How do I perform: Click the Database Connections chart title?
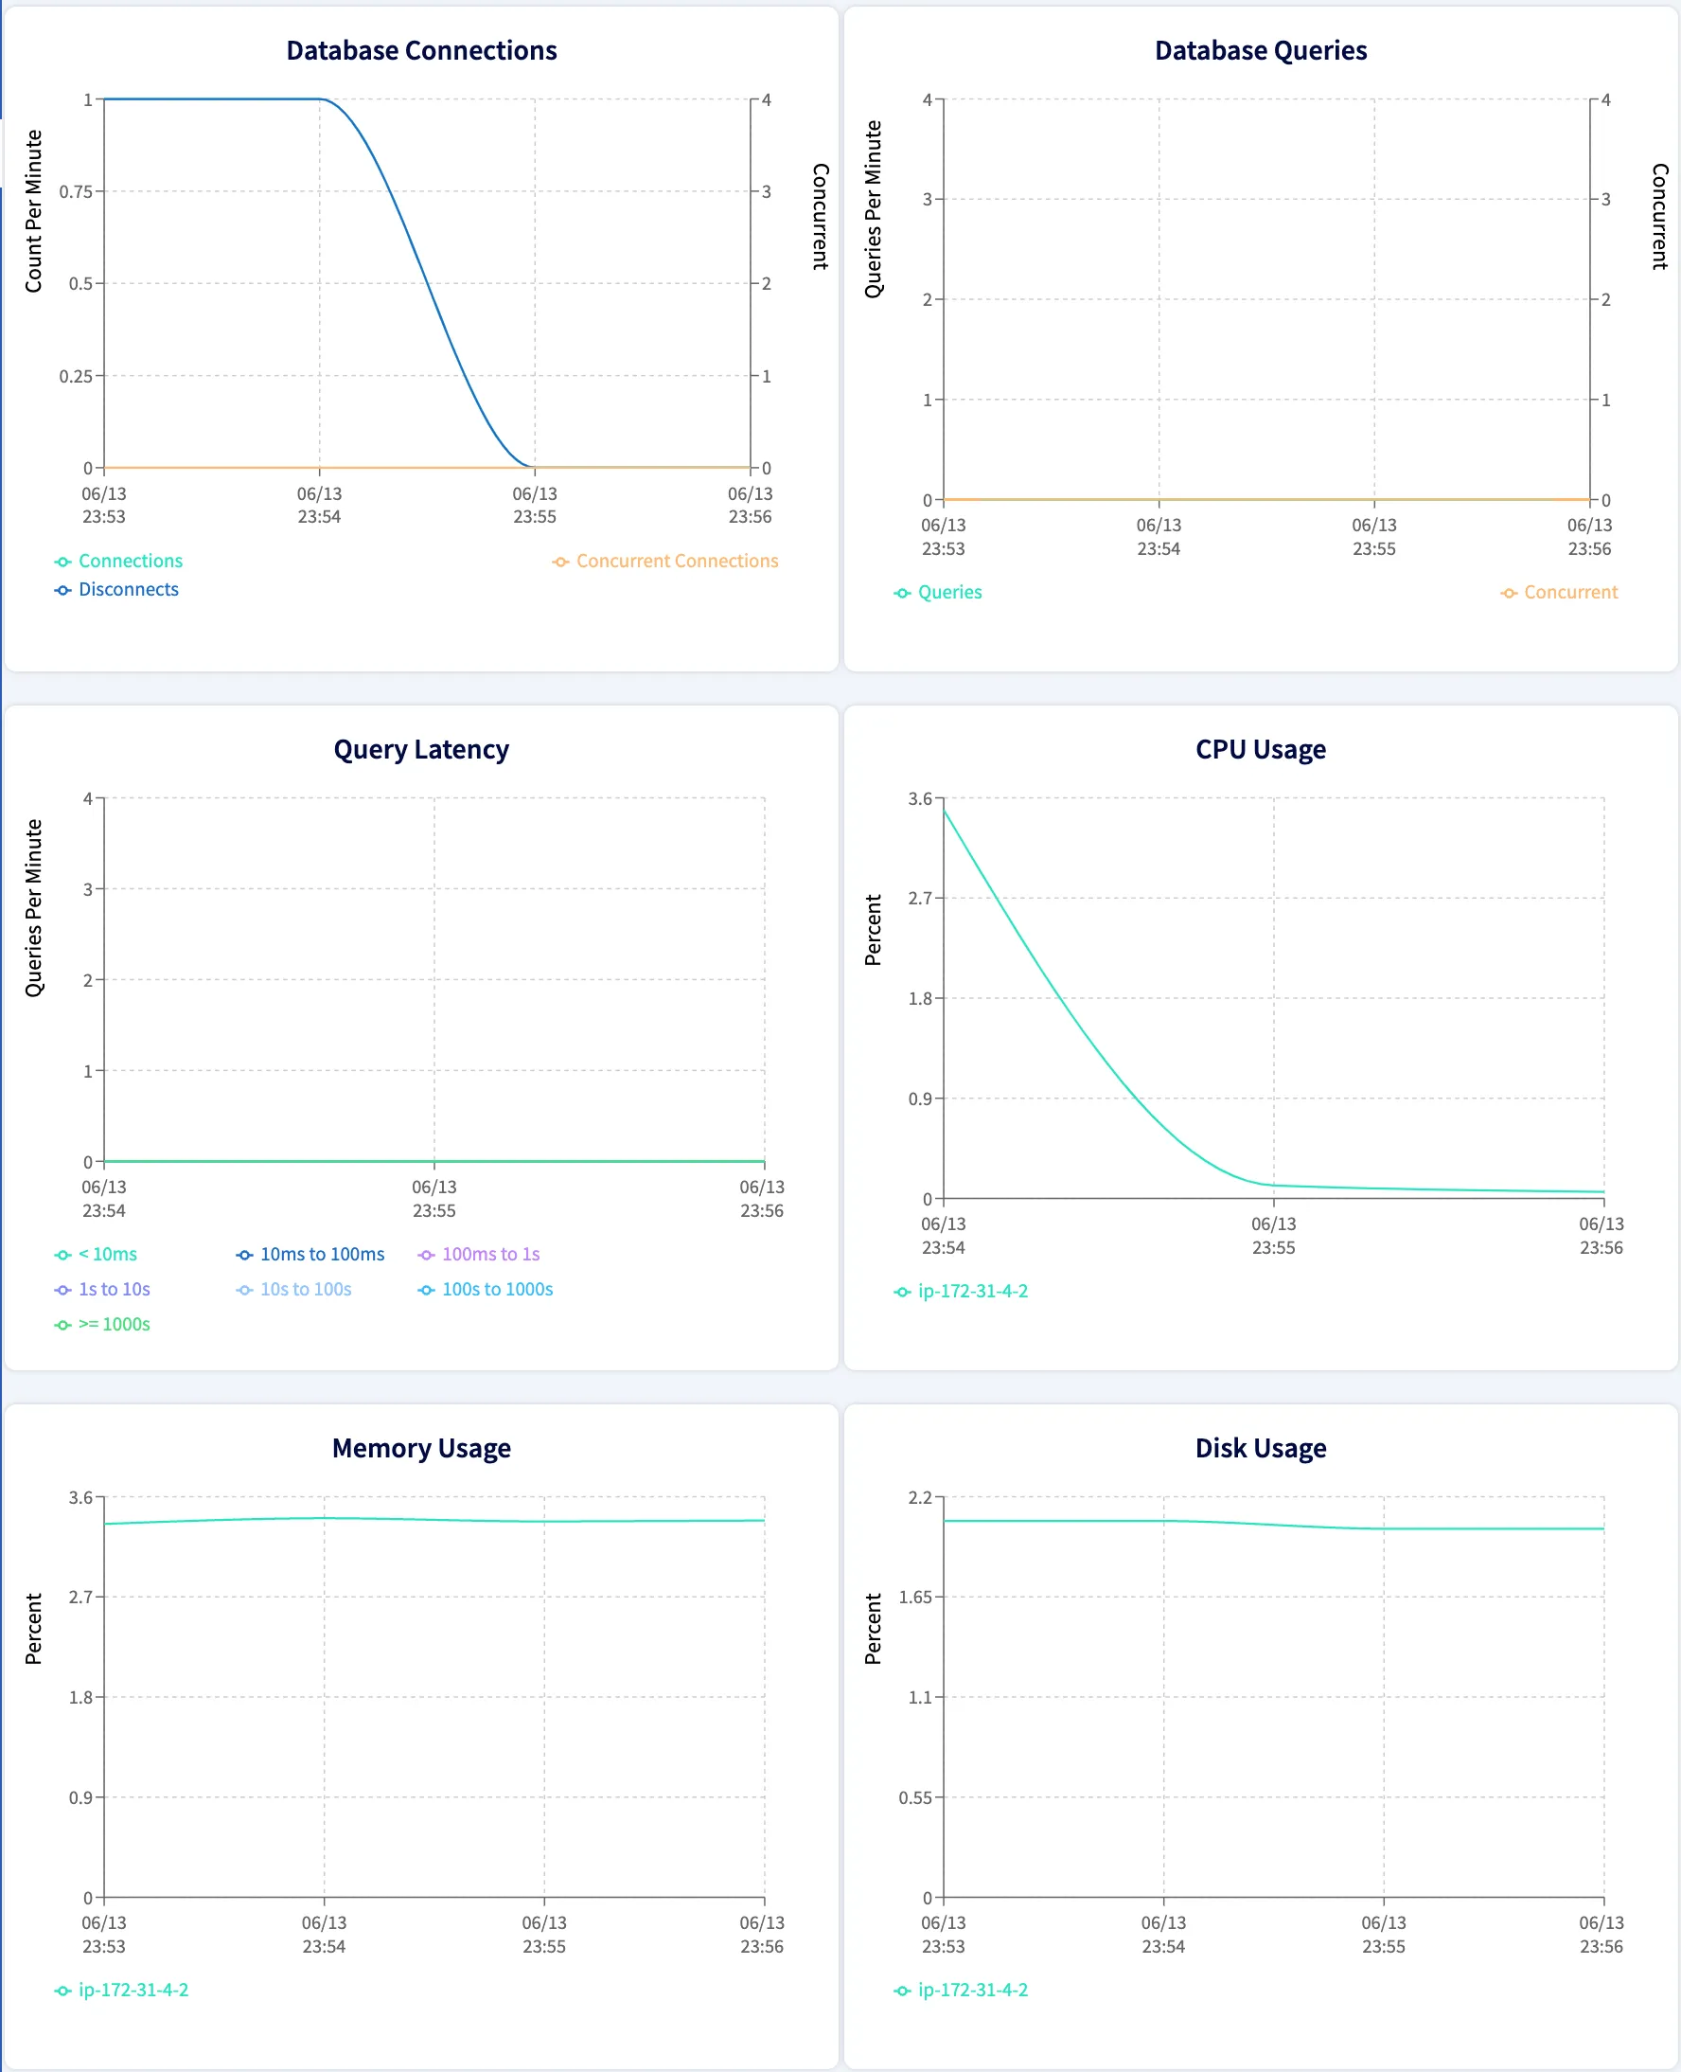point(421,50)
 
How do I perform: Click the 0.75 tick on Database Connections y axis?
point(76,192)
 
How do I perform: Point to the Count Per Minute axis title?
point(34,211)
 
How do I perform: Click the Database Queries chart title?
point(1260,50)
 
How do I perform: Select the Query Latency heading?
point(421,749)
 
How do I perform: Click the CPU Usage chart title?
point(1260,749)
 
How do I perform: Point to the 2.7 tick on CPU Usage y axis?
point(919,898)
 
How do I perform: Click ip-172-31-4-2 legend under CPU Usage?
point(972,1291)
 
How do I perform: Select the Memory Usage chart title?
point(421,1447)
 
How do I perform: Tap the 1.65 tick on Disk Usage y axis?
point(914,1597)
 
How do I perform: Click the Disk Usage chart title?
point(1260,1447)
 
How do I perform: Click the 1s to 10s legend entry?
point(114,1288)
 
